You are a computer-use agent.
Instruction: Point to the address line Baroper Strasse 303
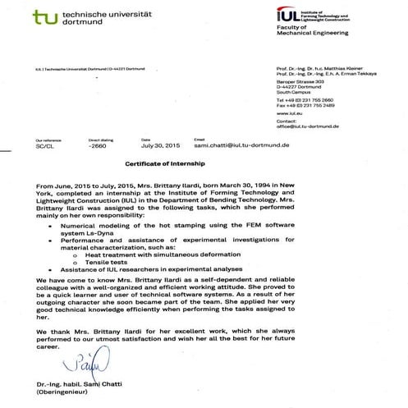[x=300, y=82]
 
